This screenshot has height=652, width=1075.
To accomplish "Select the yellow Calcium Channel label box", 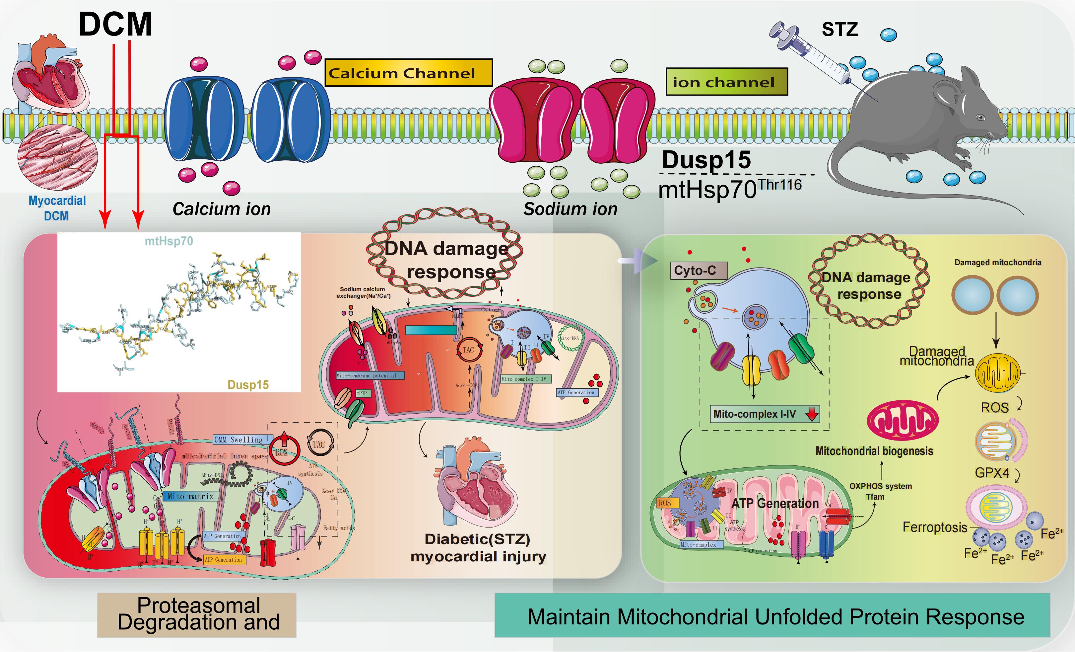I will click(x=408, y=72).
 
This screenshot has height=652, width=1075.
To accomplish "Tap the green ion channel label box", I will click(x=726, y=82).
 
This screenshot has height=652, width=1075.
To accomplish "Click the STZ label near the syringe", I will click(x=840, y=30).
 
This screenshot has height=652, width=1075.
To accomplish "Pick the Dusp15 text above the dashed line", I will click(x=706, y=160).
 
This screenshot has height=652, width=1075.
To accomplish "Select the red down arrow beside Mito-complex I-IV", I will click(x=812, y=414).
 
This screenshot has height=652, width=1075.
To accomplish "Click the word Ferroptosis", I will click(x=934, y=527).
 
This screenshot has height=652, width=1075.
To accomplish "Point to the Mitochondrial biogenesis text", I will click(x=874, y=451).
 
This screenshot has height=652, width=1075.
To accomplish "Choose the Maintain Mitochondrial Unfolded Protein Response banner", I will click(x=772, y=616).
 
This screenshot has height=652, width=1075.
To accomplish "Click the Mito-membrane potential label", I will click(x=370, y=375).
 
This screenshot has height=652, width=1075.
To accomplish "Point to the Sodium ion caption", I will click(x=570, y=209).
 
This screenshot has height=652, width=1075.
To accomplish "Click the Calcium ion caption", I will click(x=222, y=209).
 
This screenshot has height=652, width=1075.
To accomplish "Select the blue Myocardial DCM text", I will click(x=57, y=208).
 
